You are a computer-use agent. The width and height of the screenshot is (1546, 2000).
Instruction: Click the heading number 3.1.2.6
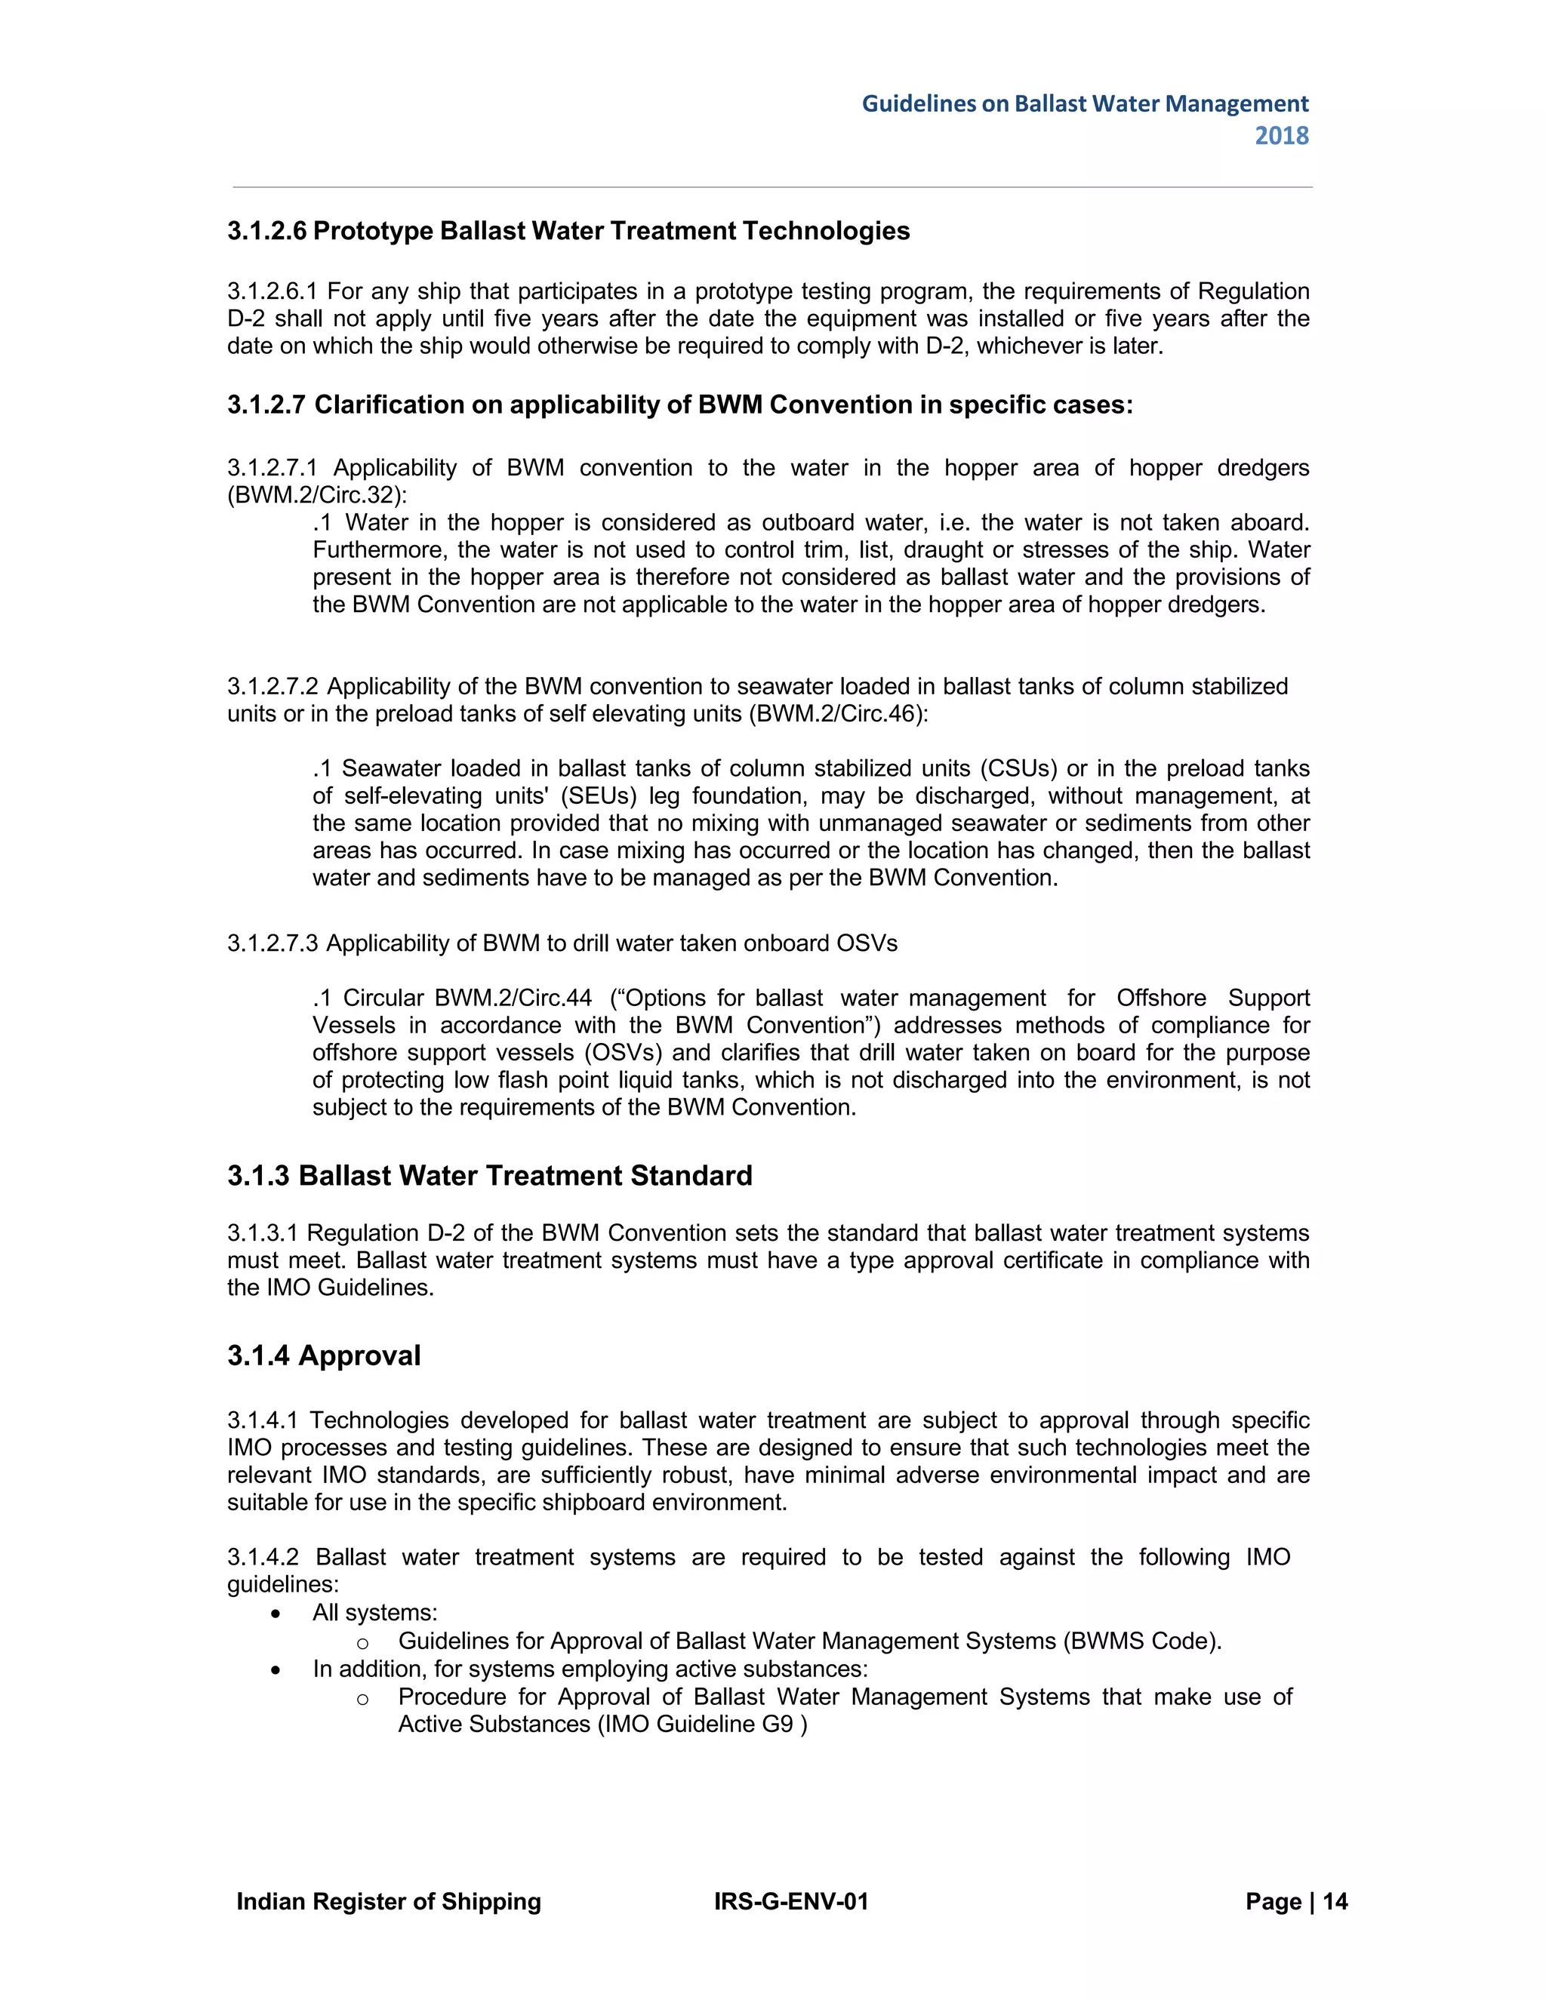pyautogui.click(x=266, y=231)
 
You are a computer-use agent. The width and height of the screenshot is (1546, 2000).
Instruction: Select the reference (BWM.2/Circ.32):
pyautogui.click(x=317, y=495)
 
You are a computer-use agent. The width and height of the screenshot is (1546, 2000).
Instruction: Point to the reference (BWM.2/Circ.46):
pyautogui.click(x=838, y=713)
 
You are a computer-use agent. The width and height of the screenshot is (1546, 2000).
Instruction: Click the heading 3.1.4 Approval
pyautogui.click(x=323, y=1355)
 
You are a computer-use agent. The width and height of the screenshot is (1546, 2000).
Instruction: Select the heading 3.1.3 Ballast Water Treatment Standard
pyautogui.click(x=489, y=1176)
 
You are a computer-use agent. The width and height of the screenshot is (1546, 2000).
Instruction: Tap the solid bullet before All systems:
pyautogui.click(x=276, y=1614)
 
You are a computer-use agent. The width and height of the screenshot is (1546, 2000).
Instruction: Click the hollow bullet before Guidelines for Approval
pyautogui.click(x=362, y=1642)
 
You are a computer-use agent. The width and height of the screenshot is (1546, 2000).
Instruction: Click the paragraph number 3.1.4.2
pyautogui.click(x=263, y=1558)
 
